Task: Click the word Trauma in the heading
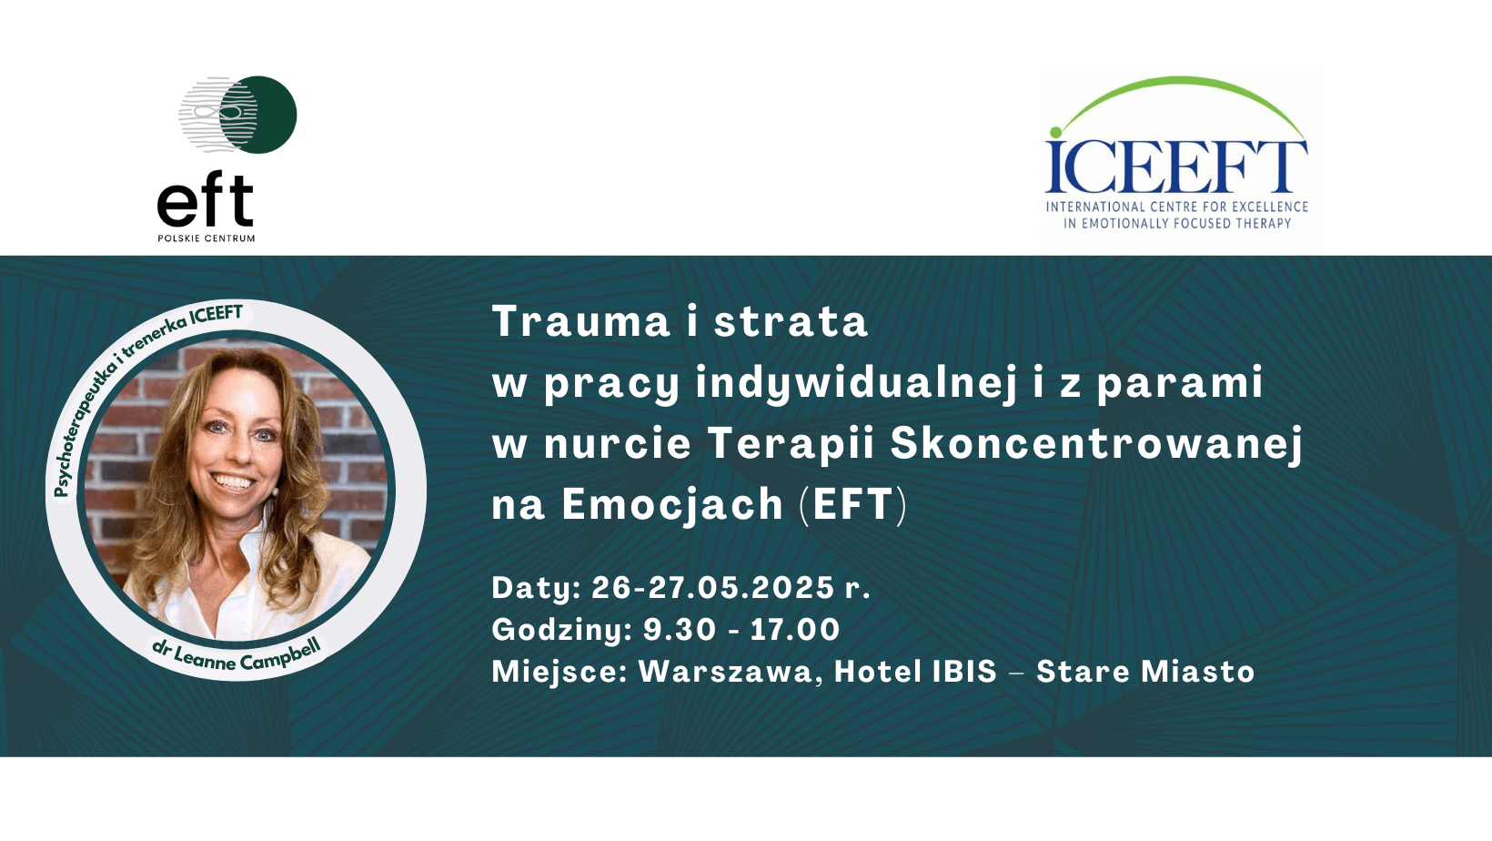coord(580,321)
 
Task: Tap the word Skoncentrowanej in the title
coord(1096,443)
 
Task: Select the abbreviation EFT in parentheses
coord(853,504)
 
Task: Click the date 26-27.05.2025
coord(712,587)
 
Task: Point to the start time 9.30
coord(679,629)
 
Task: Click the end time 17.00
coord(795,629)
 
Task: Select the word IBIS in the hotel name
coord(963,671)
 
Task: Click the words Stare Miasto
coord(1145,671)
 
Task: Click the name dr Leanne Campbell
coord(237,655)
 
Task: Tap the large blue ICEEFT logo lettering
coord(1176,167)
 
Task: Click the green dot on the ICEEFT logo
coord(1055,132)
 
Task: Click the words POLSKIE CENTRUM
coord(207,238)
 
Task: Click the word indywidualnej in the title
coord(856,383)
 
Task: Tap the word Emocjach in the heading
coord(672,504)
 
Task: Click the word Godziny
coord(561,630)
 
